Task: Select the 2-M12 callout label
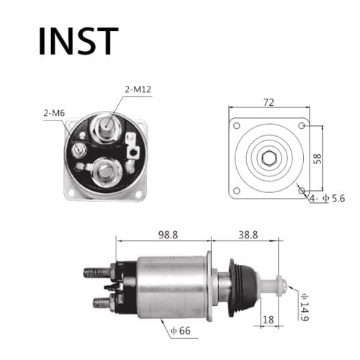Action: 138,90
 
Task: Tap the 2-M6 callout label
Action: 54,113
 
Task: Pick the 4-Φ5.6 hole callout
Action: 328,198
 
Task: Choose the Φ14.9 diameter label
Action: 305,308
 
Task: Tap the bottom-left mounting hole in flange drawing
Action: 236,192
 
